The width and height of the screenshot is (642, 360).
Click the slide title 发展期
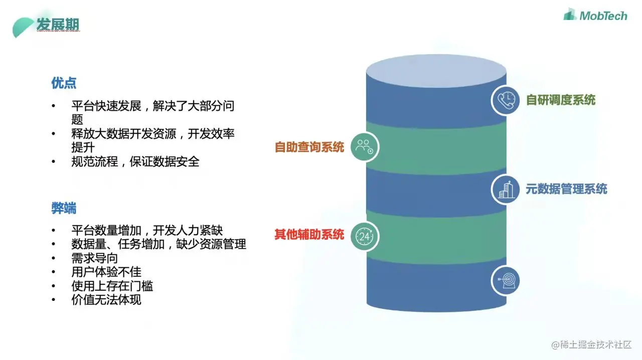pyautogui.click(x=58, y=24)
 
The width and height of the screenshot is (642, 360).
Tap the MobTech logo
pyautogui.click(x=595, y=16)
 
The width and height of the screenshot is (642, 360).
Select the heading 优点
pyautogui.click(x=64, y=83)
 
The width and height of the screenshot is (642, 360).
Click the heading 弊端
pyautogui.click(x=64, y=208)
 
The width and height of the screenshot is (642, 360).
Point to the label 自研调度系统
pyautogui.click(x=560, y=100)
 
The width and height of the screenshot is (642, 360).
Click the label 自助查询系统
pyautogui.click(x=309, y=147)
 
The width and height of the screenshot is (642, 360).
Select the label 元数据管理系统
pyautogui.click(x=566, y=189)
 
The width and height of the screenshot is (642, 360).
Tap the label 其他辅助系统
pyautogui.click(x=309, y=234)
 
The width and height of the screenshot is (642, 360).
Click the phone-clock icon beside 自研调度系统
pyautogui.click(x=505, y=100)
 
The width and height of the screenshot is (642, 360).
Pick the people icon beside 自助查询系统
pyautogui.click(x=364, y=147)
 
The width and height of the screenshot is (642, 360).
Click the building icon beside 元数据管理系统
pyautogui.click(x=505, y=190)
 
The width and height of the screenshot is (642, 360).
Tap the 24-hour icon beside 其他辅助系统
pyautogui.click(x=364, y=236)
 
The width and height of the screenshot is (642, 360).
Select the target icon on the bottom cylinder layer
pyautogui.click(x=505, y=280)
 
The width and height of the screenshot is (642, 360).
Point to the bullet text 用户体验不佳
pyautogui.click(x=106, y=272)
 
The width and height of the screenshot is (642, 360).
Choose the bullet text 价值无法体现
pyautogui.click(x=106, y=300)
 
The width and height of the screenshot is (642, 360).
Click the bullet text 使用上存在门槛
pyautogui.click(x=112, y=286)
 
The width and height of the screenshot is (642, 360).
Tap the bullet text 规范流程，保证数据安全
pyautogui.click(x=135, y=162)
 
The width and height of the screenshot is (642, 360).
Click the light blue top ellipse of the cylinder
pyautogui.click(x=436, y=68)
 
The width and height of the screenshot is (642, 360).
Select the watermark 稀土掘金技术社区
pyautogui.click(x=591, y=344)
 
